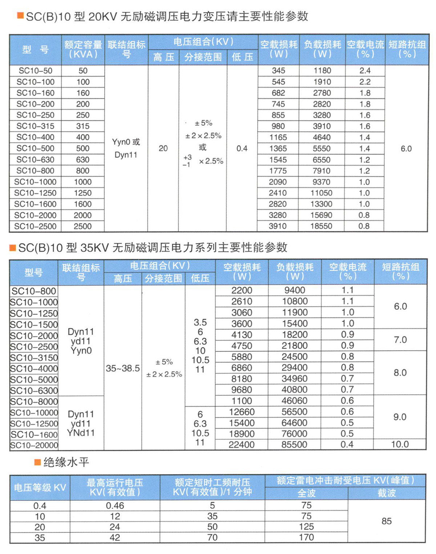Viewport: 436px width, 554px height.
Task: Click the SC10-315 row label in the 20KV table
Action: coord(35,126)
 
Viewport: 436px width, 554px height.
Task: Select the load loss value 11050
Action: coord(321,193)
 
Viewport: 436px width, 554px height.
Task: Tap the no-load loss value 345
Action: coord(278,71)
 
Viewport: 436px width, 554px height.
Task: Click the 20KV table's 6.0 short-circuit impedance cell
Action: coord(406,149)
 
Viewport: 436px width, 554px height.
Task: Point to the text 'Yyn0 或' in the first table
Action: coord(126,142)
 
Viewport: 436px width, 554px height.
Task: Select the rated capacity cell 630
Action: coord(83,160)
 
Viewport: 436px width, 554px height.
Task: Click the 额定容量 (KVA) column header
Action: coord(83,49)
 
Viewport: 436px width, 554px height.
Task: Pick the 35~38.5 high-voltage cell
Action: coord(123,368)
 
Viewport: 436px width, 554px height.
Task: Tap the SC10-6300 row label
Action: coord(34,391)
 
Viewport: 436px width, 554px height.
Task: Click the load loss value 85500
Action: coord(294,444)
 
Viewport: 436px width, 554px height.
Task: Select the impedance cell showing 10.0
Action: coord(400,444)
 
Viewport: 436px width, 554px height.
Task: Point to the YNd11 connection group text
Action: coord(81,433)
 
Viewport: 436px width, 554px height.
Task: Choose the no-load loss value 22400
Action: coord(242,444)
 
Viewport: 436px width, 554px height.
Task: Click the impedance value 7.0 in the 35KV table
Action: coord(400,340)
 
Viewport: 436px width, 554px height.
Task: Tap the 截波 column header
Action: coord(386,493)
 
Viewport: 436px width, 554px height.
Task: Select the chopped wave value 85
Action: coord(387,521)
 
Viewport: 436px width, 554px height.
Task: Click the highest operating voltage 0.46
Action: coord(115,506)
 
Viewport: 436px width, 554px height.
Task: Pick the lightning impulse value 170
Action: coord(306,537)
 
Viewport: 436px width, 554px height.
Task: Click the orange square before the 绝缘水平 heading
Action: coord(37,462)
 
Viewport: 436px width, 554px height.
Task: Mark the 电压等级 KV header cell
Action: coord(40,487)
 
